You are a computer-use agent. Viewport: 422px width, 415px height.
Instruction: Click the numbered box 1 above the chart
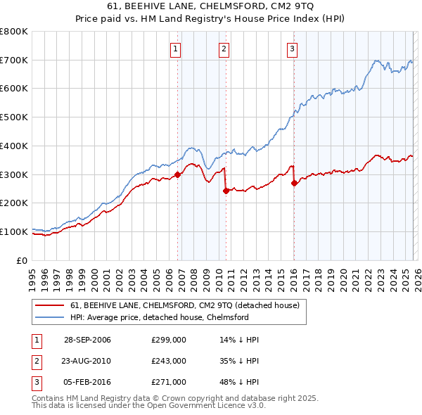coord(174,49)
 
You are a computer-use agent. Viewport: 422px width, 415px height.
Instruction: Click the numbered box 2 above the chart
coord(223,49)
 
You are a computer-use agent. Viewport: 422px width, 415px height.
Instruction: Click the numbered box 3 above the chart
coord(291,49)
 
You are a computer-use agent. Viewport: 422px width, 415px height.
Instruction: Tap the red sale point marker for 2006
coord(177,175)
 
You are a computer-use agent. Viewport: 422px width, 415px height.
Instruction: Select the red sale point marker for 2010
coord(226,191)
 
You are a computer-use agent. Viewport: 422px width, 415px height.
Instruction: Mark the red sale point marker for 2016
coord(293,183)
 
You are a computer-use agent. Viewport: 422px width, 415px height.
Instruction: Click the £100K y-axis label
coord(14,231)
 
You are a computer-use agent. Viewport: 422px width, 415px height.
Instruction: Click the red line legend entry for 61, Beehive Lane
coord(185,305)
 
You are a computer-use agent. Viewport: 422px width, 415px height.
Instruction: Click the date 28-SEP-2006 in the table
coord(87,340)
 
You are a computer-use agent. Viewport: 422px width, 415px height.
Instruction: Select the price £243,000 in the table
coord(169,361)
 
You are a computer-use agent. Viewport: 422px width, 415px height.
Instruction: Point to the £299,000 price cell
coord(169,340)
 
